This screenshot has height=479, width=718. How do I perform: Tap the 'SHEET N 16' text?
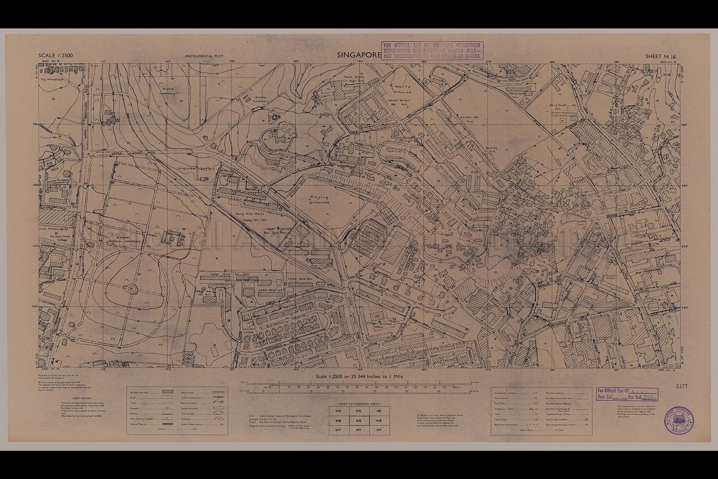pyautogui.click(x=661, y=56)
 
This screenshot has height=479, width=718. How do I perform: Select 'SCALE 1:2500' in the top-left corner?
pyautogui.click(x=55, y=56)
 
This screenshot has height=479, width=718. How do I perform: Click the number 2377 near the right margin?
pyautogui.click(x=682, y=386)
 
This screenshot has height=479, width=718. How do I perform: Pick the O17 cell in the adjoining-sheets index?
pyautogui.click(x=379, y=429)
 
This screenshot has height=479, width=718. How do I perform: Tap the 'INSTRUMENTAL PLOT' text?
pyautogui.click(x=204, y=56)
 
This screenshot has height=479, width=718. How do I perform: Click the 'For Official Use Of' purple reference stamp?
pyautogui.click(x=626, y=395)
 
